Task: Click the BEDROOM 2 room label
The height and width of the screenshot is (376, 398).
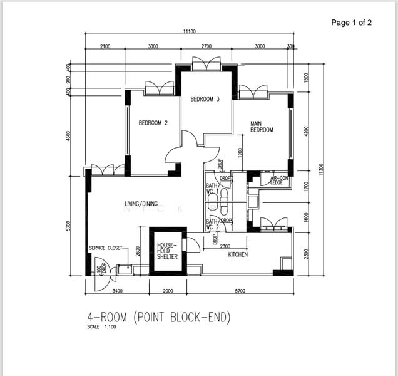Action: click(153, 123)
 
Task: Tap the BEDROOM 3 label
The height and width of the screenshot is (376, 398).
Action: click(205, 99)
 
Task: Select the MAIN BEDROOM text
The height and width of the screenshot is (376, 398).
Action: click(262, 127)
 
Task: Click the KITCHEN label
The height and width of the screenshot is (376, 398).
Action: click(238, 255)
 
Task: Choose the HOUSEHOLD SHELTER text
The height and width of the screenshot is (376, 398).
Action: click(167, 251)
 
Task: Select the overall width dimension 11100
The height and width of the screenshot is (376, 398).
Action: click(190, 32)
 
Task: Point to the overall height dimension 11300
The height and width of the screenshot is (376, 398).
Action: click(321, 170)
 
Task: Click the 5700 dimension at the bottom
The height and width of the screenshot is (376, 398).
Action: click(240, 291)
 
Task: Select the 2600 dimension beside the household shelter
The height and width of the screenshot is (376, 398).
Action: click(138, 251)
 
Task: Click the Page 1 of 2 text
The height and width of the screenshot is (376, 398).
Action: click(351, 23)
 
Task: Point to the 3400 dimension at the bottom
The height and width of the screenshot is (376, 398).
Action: click(117, 291)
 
